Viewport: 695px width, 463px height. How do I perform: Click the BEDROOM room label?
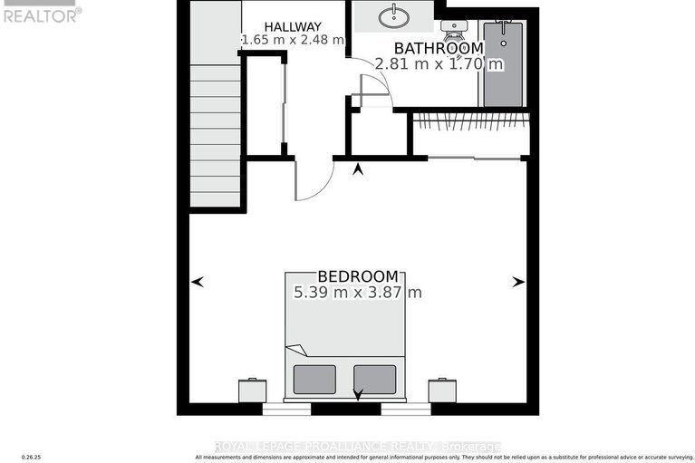pyautogui.click(x=357, y=276)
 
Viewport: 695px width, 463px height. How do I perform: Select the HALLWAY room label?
pyautogui.click(x=292, y=25)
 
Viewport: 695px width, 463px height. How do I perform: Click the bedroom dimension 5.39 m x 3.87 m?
pyautogui.click(x=357, y=293)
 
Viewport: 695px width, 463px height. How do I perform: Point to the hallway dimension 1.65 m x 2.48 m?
pyautogui.click(x=292, y=40)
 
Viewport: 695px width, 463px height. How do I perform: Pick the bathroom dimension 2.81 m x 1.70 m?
pyautogui.click(x=439, y=63)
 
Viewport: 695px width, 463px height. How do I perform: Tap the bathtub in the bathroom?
pyautogui.click(x=502, y=63)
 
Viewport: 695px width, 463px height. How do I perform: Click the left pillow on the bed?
pyautogui.click(x=314, y=378)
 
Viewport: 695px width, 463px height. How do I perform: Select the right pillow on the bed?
pyautogui.click(x=374, y=378)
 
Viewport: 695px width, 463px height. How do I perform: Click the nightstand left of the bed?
pyautogui.click(x=252, y=390)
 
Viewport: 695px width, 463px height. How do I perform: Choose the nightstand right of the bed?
pyautogui.click(x=442, y=390)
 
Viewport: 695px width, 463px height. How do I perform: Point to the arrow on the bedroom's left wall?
pyautogui.click(x=198, y=283)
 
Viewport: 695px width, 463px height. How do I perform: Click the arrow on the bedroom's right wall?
pyautogui.click(x=518, y=283)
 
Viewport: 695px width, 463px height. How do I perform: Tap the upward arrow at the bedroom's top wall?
pyautogui.click(x=358, y=169)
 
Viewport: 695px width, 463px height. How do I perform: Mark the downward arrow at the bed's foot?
pyautogui.click(x=358, y=395)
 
